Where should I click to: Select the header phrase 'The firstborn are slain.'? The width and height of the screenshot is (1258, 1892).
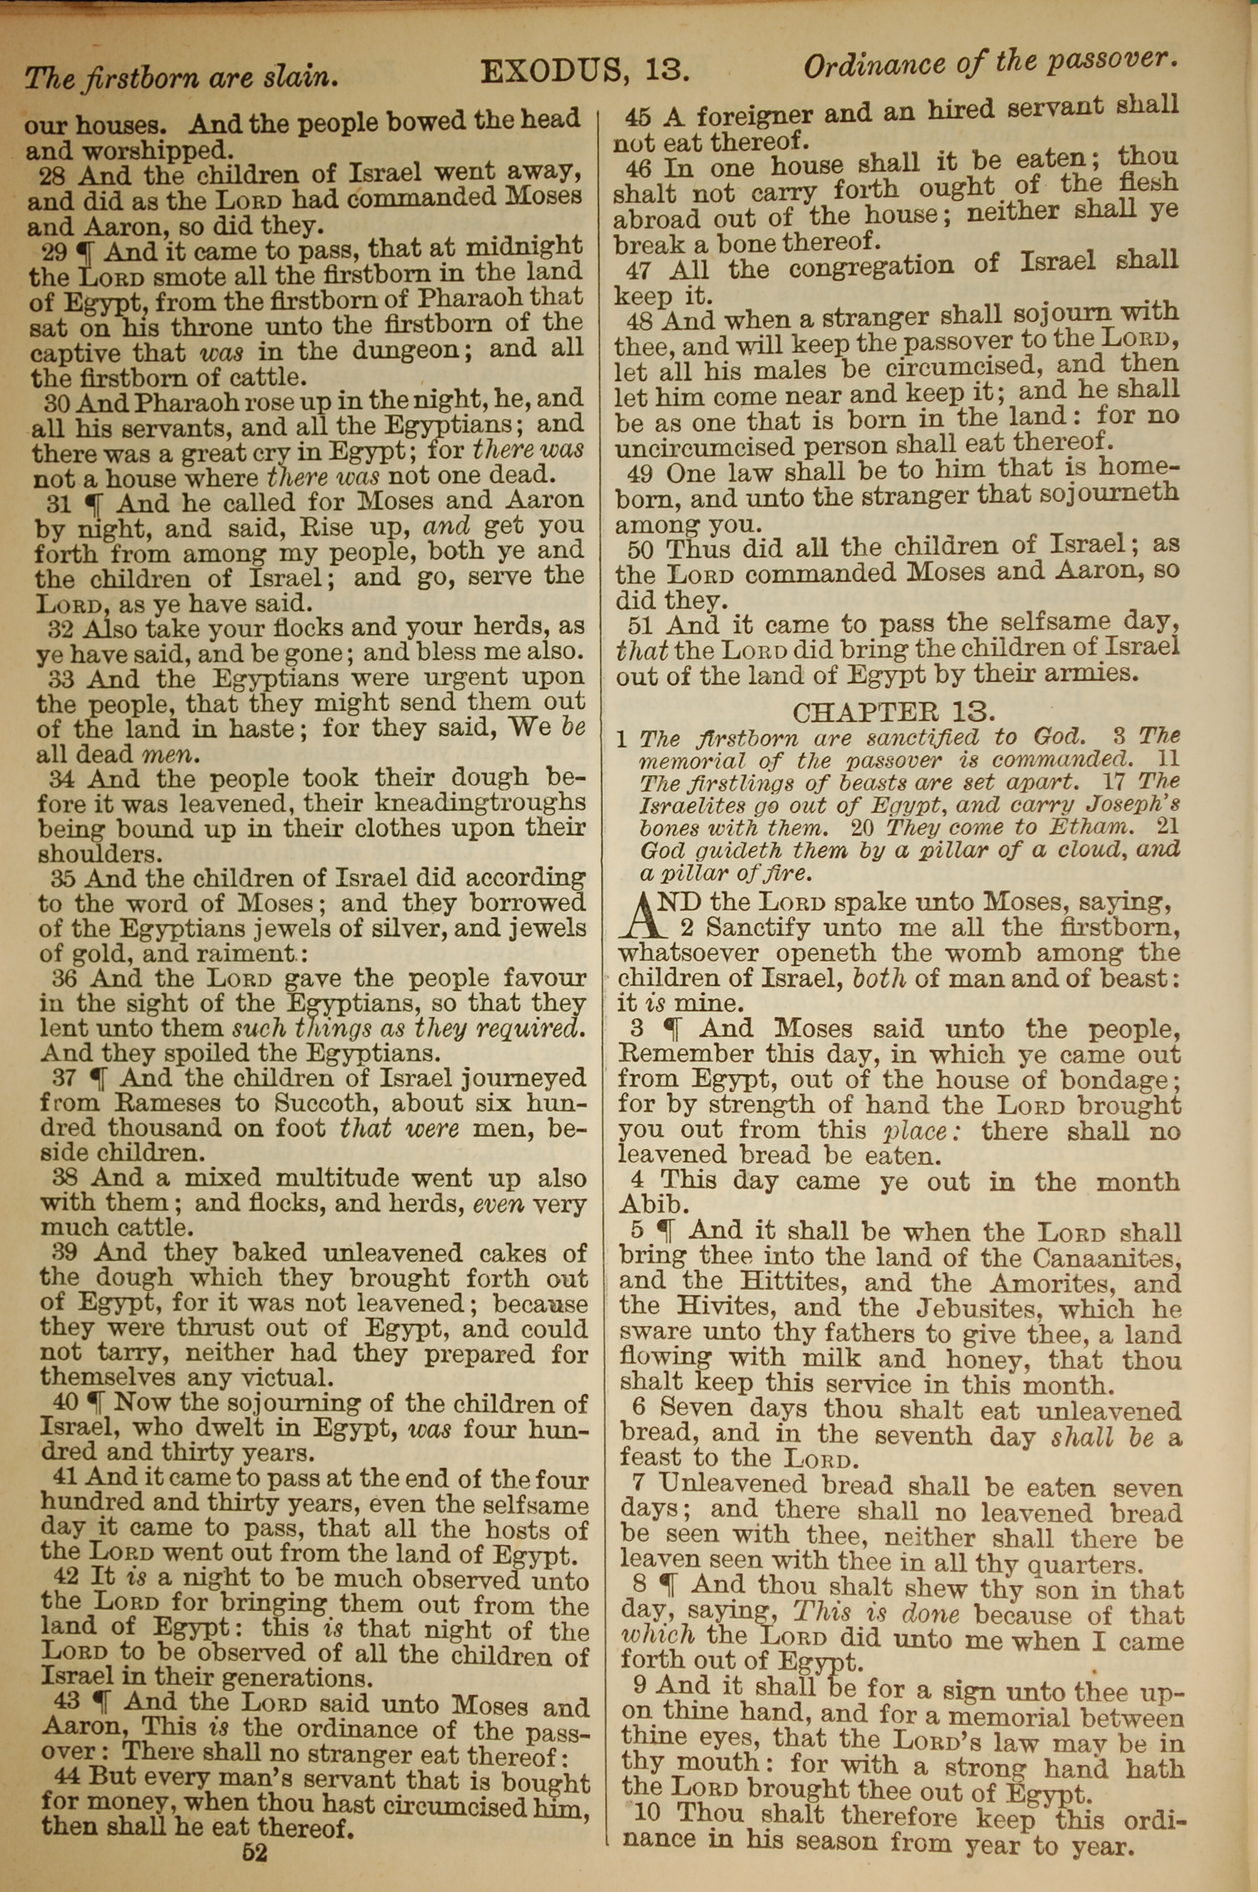click(181, 77)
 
